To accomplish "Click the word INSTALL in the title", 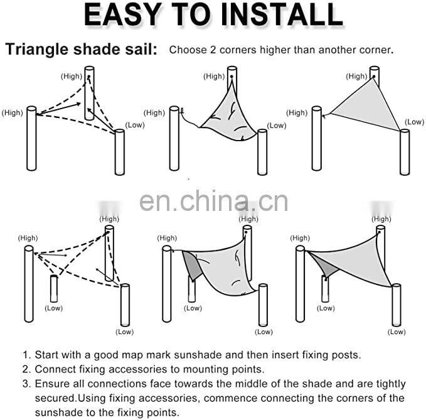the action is (282, 14).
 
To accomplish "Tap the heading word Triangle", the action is (36, 50).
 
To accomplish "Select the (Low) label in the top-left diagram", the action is (135, 126).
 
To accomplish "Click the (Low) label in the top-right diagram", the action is (414, 122).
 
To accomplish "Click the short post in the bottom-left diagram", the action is (54, 289).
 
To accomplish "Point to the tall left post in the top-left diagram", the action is (31, 138).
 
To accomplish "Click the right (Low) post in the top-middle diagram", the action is (262, 152).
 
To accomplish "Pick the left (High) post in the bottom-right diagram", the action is (300, 284).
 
